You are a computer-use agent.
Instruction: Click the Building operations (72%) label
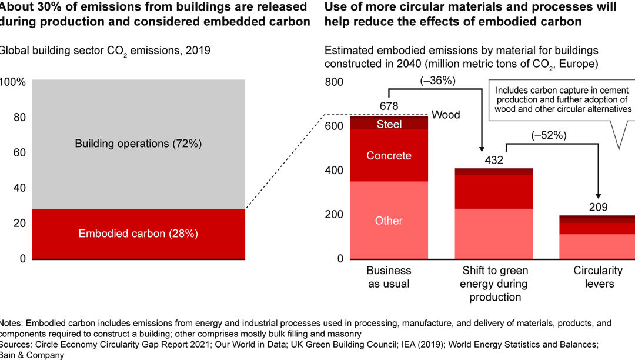coord(138,144)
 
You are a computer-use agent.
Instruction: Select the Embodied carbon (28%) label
coord(138,234)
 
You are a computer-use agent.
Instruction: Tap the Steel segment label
coord(389,124)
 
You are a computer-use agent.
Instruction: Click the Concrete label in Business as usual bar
coord(389,156)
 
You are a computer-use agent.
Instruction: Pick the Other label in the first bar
coord(389,221)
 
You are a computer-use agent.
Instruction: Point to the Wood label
coord(446,115)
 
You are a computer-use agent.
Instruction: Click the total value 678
coord(389,106)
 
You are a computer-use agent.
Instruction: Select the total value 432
coord(494,159)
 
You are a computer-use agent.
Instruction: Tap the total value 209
coord(598,207)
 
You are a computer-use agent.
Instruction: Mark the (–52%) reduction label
coord(548,135)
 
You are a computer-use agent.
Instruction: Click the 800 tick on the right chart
coord(334,82)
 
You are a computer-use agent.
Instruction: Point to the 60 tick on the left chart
coord(19,153)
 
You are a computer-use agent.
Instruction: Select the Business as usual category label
coord(389,277)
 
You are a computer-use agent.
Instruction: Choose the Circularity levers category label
coord(598,277)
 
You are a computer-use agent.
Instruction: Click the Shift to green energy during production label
coord(494,284)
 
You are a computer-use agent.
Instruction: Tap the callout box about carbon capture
coord(562,100)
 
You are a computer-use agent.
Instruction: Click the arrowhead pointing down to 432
coord(481,149)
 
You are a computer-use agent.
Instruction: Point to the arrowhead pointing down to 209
coord(598,197)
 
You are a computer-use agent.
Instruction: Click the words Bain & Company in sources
coord(32,355)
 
